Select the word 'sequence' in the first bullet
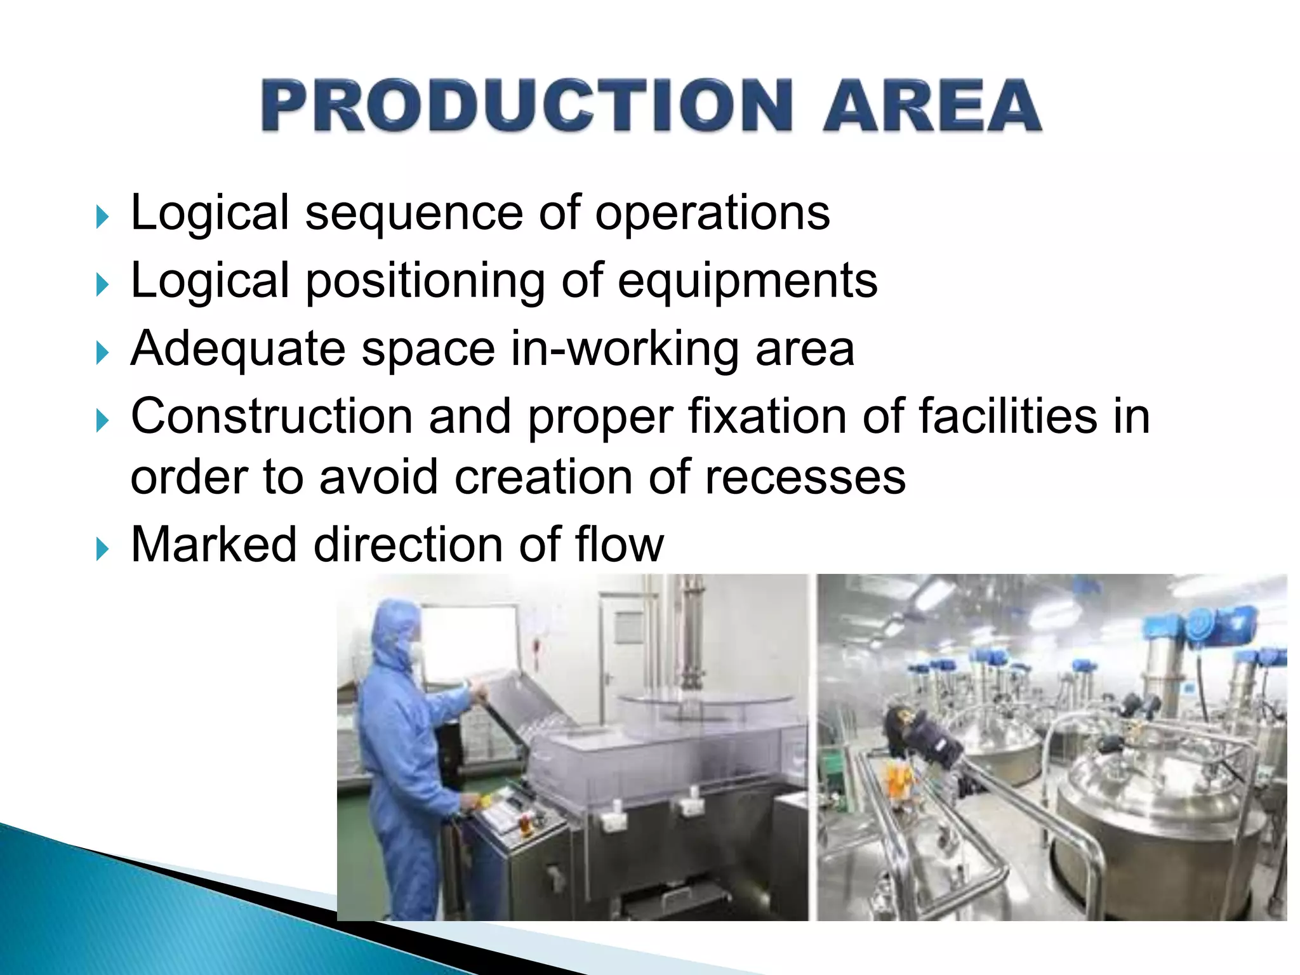click(x=414, y=213)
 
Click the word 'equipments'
click(x=747, y=281)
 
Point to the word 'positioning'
click(x=425, y=281)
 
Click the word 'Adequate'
click(x=238, y=349)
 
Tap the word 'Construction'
click(x=272, y=416)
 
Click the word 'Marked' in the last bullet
click(x=214, y=545)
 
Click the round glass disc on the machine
click(x=705, y=705)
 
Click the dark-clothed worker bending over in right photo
click(x=920, y=736)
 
